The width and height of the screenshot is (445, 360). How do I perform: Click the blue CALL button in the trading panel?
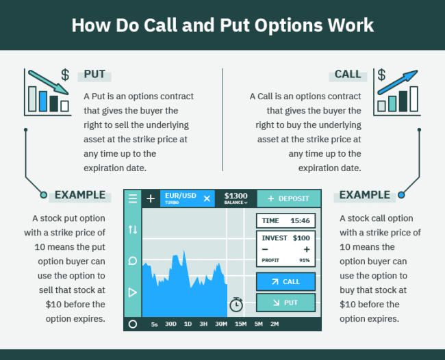point(285,281)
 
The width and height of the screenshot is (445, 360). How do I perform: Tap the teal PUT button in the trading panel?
point(285,303)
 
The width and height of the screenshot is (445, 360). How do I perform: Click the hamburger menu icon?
point(133,198)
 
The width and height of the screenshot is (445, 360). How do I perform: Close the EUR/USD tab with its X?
point(207,198)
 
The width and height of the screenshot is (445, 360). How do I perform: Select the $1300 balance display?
point(236,198)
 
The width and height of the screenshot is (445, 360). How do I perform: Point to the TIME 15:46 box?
point(285,220)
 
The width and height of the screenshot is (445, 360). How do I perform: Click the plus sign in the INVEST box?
point(307,249)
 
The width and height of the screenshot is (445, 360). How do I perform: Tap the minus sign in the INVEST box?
point(265,249)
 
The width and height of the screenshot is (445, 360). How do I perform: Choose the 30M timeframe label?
point(221,324)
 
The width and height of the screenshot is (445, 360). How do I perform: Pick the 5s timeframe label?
point(155,324)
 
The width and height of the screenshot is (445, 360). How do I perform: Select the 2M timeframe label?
point(275,324)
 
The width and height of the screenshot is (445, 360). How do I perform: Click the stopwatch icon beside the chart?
point(237,303)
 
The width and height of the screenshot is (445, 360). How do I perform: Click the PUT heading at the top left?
point(94,75)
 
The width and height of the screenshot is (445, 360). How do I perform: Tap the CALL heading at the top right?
point(348,75)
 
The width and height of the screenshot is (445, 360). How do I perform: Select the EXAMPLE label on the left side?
point(80,195)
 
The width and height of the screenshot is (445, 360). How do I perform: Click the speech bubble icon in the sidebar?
point(133,261)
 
